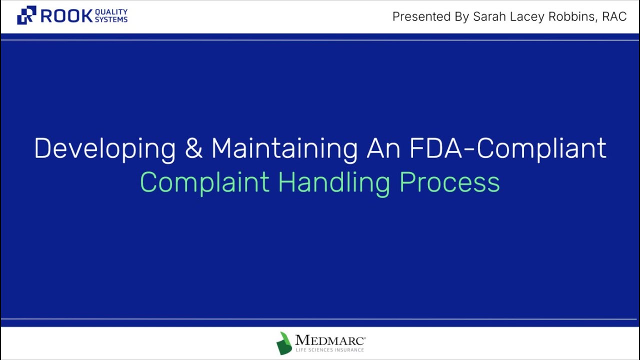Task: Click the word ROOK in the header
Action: click(x=66, y=16)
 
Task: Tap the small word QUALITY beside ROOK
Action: click(x=111, y=12)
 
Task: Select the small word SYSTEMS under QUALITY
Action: click(x=111, y=19)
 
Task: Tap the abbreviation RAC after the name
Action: click(x=614, y=16)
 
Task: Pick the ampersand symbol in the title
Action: click(x=193, y=148)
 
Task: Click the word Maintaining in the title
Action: click(x=284, y=148)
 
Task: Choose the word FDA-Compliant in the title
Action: click(x=508, y=148)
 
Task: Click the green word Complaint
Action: click(x=204, y=182)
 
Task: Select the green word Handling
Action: click(x=333, y=182)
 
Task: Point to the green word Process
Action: click(x=449, y=182)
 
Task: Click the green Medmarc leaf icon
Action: click(x=284, y=343)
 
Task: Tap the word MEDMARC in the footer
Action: click(x=329, y=340)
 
